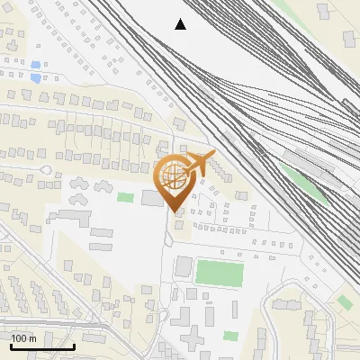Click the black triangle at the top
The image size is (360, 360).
pyautogui.click(x=181, y=24)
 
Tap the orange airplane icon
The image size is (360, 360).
pyautogui.click(x=199, y=163)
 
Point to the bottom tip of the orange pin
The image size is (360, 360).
pyautogui.click(x=174, y=211)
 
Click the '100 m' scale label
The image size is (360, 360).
pyautogui.click(x=23, y=338)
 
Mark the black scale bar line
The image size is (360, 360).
pyautogui.click(x=42, y=346)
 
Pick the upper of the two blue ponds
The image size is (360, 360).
pyautogui.click(x=35, y=65)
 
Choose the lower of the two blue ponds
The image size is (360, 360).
pyautogui.click(x=36, y=78)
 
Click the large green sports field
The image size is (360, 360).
pyautogui.click(x=220, y=272)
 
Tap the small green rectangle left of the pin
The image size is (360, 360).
pyautogui.click(x=126, y=197)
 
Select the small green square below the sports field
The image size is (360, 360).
pyautogui.click(x=231, y=336)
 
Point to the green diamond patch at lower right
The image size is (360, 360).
pyautogui.click(x=345, y=302)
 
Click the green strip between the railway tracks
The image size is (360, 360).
pyautogui.click(x=311, y=189)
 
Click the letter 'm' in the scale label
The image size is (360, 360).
pyautogui.click(x=32, y=338)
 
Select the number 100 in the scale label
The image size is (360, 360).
pyautogui.click(x=19, y=338)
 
